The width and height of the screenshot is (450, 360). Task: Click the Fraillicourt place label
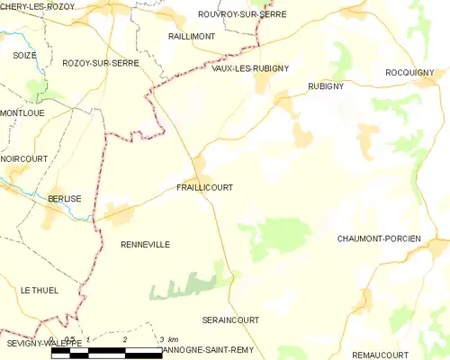click(205, 188)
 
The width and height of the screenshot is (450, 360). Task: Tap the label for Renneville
click(145, 244)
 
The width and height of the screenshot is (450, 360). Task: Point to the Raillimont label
click(189, 36)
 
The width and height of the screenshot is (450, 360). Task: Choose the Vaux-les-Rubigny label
click(250, 68)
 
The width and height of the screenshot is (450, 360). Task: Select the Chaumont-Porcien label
click(379, 238)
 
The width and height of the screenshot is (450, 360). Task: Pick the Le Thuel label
click(39, 290)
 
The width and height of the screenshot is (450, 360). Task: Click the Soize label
click(25, 56)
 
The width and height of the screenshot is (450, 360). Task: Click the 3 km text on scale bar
click(167, 339)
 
